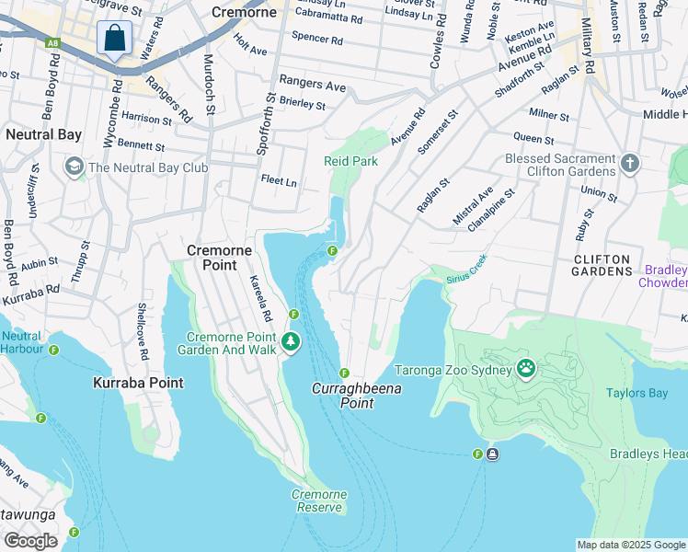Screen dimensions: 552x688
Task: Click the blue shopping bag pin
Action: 114,39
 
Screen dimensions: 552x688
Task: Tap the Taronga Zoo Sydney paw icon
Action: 525,369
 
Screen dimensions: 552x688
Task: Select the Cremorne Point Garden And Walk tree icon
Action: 291,342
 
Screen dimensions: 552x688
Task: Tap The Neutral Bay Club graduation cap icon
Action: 73,167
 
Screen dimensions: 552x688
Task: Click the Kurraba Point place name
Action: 138,383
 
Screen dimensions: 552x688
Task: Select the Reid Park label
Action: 350,161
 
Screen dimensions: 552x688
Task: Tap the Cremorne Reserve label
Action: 319,500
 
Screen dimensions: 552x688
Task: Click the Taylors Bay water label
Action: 636,393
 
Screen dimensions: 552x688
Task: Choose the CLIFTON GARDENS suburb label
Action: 602,265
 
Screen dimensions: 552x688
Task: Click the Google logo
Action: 30,541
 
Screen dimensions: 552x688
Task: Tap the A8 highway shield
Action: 52,41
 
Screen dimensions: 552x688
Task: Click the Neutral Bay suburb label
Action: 43,134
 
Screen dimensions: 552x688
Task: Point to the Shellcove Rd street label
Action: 143,330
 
